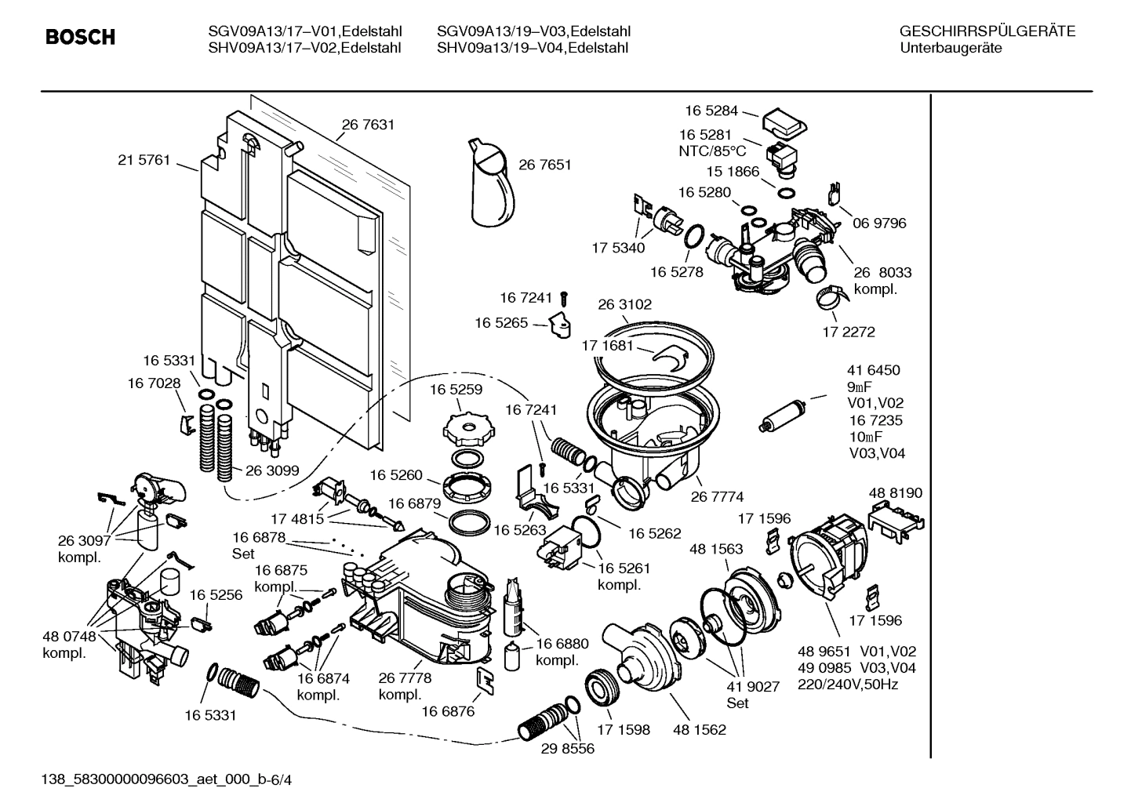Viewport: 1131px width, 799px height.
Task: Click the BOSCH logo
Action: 80,37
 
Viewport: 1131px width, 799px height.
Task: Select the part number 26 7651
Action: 545,165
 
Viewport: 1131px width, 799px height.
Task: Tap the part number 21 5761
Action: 144,160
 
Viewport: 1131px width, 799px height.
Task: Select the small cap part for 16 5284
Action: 785,121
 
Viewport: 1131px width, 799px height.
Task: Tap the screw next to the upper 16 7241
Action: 565,297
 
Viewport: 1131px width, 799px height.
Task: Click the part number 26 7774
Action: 717,496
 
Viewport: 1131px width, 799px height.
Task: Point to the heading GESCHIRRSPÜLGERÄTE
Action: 987,31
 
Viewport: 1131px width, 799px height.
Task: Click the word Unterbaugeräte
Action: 951,48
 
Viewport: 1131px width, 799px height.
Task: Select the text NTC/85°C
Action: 712,151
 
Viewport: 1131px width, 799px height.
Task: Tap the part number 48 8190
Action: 896,493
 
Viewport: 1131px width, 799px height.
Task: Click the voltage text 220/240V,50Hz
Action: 848,685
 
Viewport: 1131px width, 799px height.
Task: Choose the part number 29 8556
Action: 567,749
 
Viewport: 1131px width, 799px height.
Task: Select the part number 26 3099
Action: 272,470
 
